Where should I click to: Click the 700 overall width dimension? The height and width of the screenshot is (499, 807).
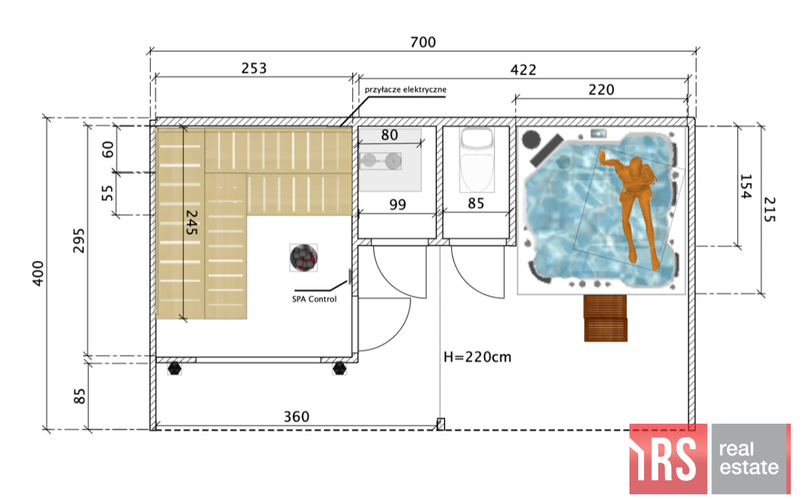tap(423, 42)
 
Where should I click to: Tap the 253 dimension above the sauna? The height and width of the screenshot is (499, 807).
tap(254, 68)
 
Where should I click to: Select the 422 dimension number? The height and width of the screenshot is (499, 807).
tap(523, 69)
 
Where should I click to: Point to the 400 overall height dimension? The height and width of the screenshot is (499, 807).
tap(38, 274)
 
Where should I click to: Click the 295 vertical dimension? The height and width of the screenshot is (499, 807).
tap(79, 241)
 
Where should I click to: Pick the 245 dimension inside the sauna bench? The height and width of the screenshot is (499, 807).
tap(191, 223)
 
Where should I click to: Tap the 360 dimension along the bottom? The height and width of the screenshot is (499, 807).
tap(297, 417)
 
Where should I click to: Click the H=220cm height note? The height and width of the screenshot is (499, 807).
tap(477, 357)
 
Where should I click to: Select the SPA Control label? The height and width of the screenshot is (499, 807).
tap(314, 299)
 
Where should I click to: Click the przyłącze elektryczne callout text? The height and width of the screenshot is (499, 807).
tap(406, 89)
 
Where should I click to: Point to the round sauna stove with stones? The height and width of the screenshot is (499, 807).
tap(304, 258)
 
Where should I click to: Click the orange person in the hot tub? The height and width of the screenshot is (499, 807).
tap(631, 205)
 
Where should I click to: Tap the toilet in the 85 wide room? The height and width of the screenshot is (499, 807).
tap(477, 160)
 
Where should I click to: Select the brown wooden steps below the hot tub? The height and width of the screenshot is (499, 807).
tap(606, 318)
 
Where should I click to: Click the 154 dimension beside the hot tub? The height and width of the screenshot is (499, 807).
tap(745, 186)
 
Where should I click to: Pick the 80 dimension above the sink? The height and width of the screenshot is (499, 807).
tap(389, 135)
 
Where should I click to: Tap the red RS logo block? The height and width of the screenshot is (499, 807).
tap(668, 459)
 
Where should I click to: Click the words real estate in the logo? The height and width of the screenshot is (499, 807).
tap(748, 459)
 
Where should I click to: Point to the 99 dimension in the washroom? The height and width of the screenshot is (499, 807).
tap(397, 204)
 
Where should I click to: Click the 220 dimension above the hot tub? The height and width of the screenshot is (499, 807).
tap(601, 89)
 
